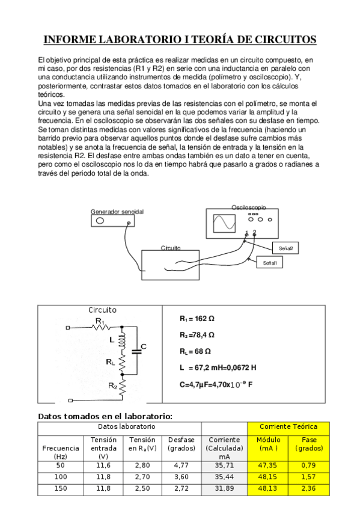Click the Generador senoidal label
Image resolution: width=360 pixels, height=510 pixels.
(x=117, y=212)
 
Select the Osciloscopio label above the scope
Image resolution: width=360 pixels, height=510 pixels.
(x=248, y=207)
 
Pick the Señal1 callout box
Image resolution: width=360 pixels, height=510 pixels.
(x=268, y=263)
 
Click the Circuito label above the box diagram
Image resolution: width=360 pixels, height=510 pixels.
(x=171, y=248)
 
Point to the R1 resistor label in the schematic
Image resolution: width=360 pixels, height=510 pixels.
(x=100, y=321)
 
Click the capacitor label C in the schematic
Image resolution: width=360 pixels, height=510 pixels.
(x=144, y=346)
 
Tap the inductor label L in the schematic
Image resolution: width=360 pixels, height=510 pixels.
(x=112, y=339)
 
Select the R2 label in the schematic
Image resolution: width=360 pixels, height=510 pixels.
(x=112, y=386)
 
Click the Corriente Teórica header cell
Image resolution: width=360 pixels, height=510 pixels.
(x=288, y=426)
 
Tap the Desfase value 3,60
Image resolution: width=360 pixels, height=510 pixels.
(x=180, y=476)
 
